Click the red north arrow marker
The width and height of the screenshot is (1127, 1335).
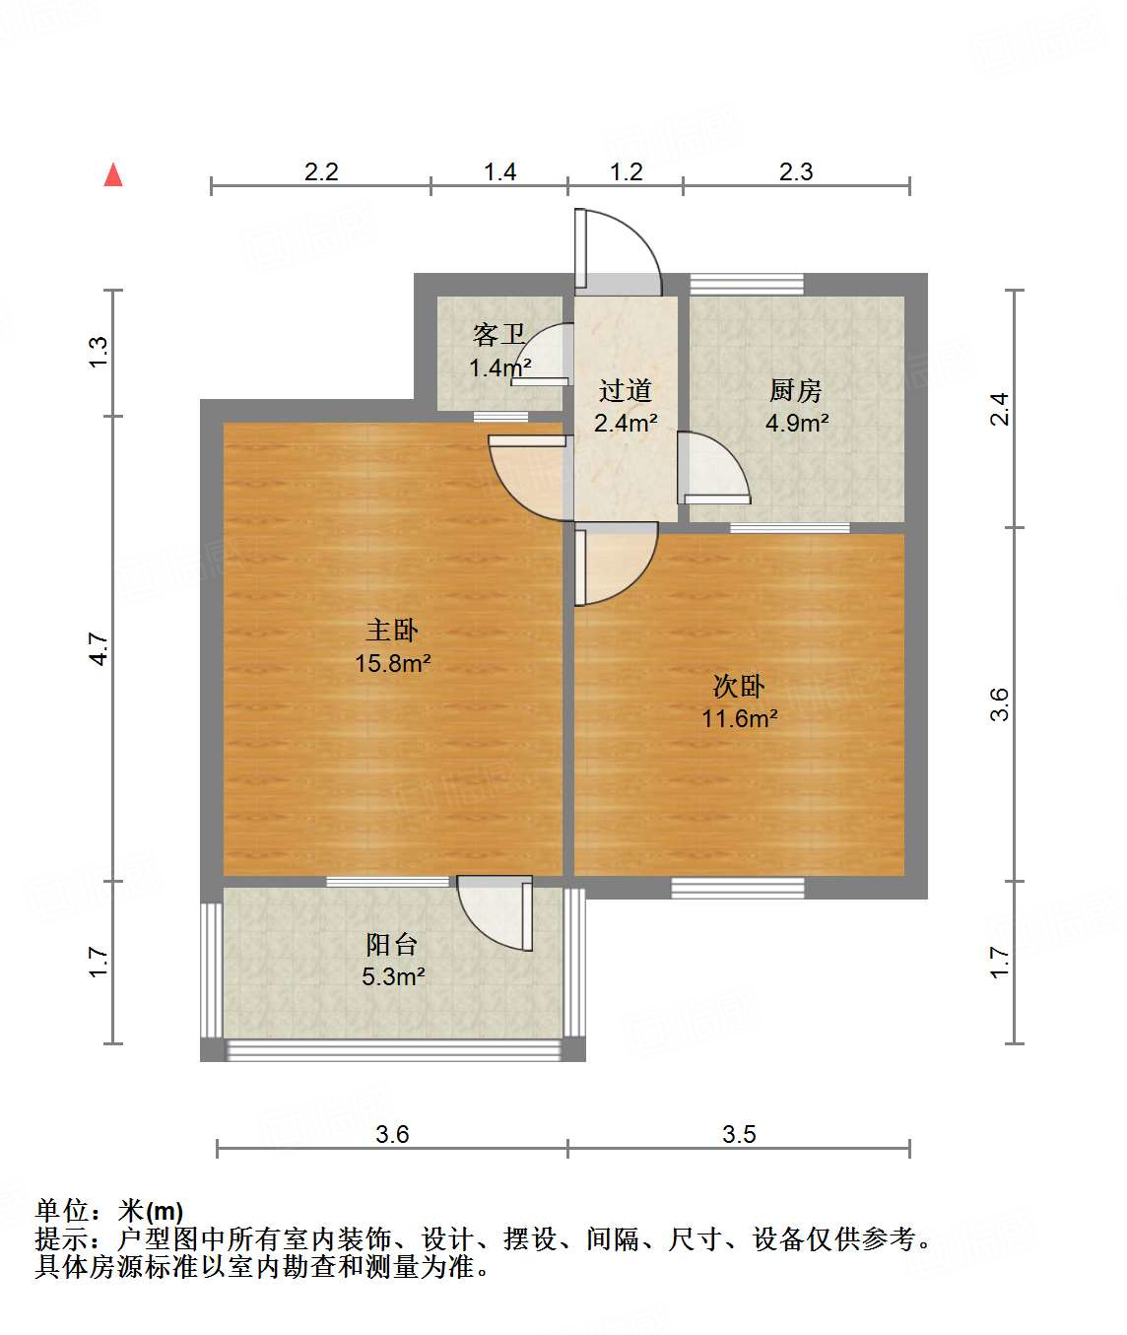113,175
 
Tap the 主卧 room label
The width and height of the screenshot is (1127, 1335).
392,631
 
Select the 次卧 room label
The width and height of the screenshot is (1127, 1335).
739,686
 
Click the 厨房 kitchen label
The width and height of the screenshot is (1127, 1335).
795,391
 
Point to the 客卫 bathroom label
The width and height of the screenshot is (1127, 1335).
498,336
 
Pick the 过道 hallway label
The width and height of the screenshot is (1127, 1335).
625,391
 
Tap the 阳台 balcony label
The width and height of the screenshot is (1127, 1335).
392,945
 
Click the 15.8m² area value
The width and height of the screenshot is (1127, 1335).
392,663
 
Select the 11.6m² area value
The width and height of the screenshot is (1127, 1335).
739,718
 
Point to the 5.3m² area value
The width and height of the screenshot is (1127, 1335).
392,976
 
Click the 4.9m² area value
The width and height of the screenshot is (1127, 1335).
796,423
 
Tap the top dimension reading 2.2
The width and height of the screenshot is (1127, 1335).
321,172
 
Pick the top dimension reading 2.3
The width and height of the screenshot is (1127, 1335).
796,172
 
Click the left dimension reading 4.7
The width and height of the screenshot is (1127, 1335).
99,649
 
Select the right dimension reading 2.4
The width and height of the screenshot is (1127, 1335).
1000,408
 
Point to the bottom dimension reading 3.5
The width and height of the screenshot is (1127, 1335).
739,1134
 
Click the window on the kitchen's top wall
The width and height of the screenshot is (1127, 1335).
746,285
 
